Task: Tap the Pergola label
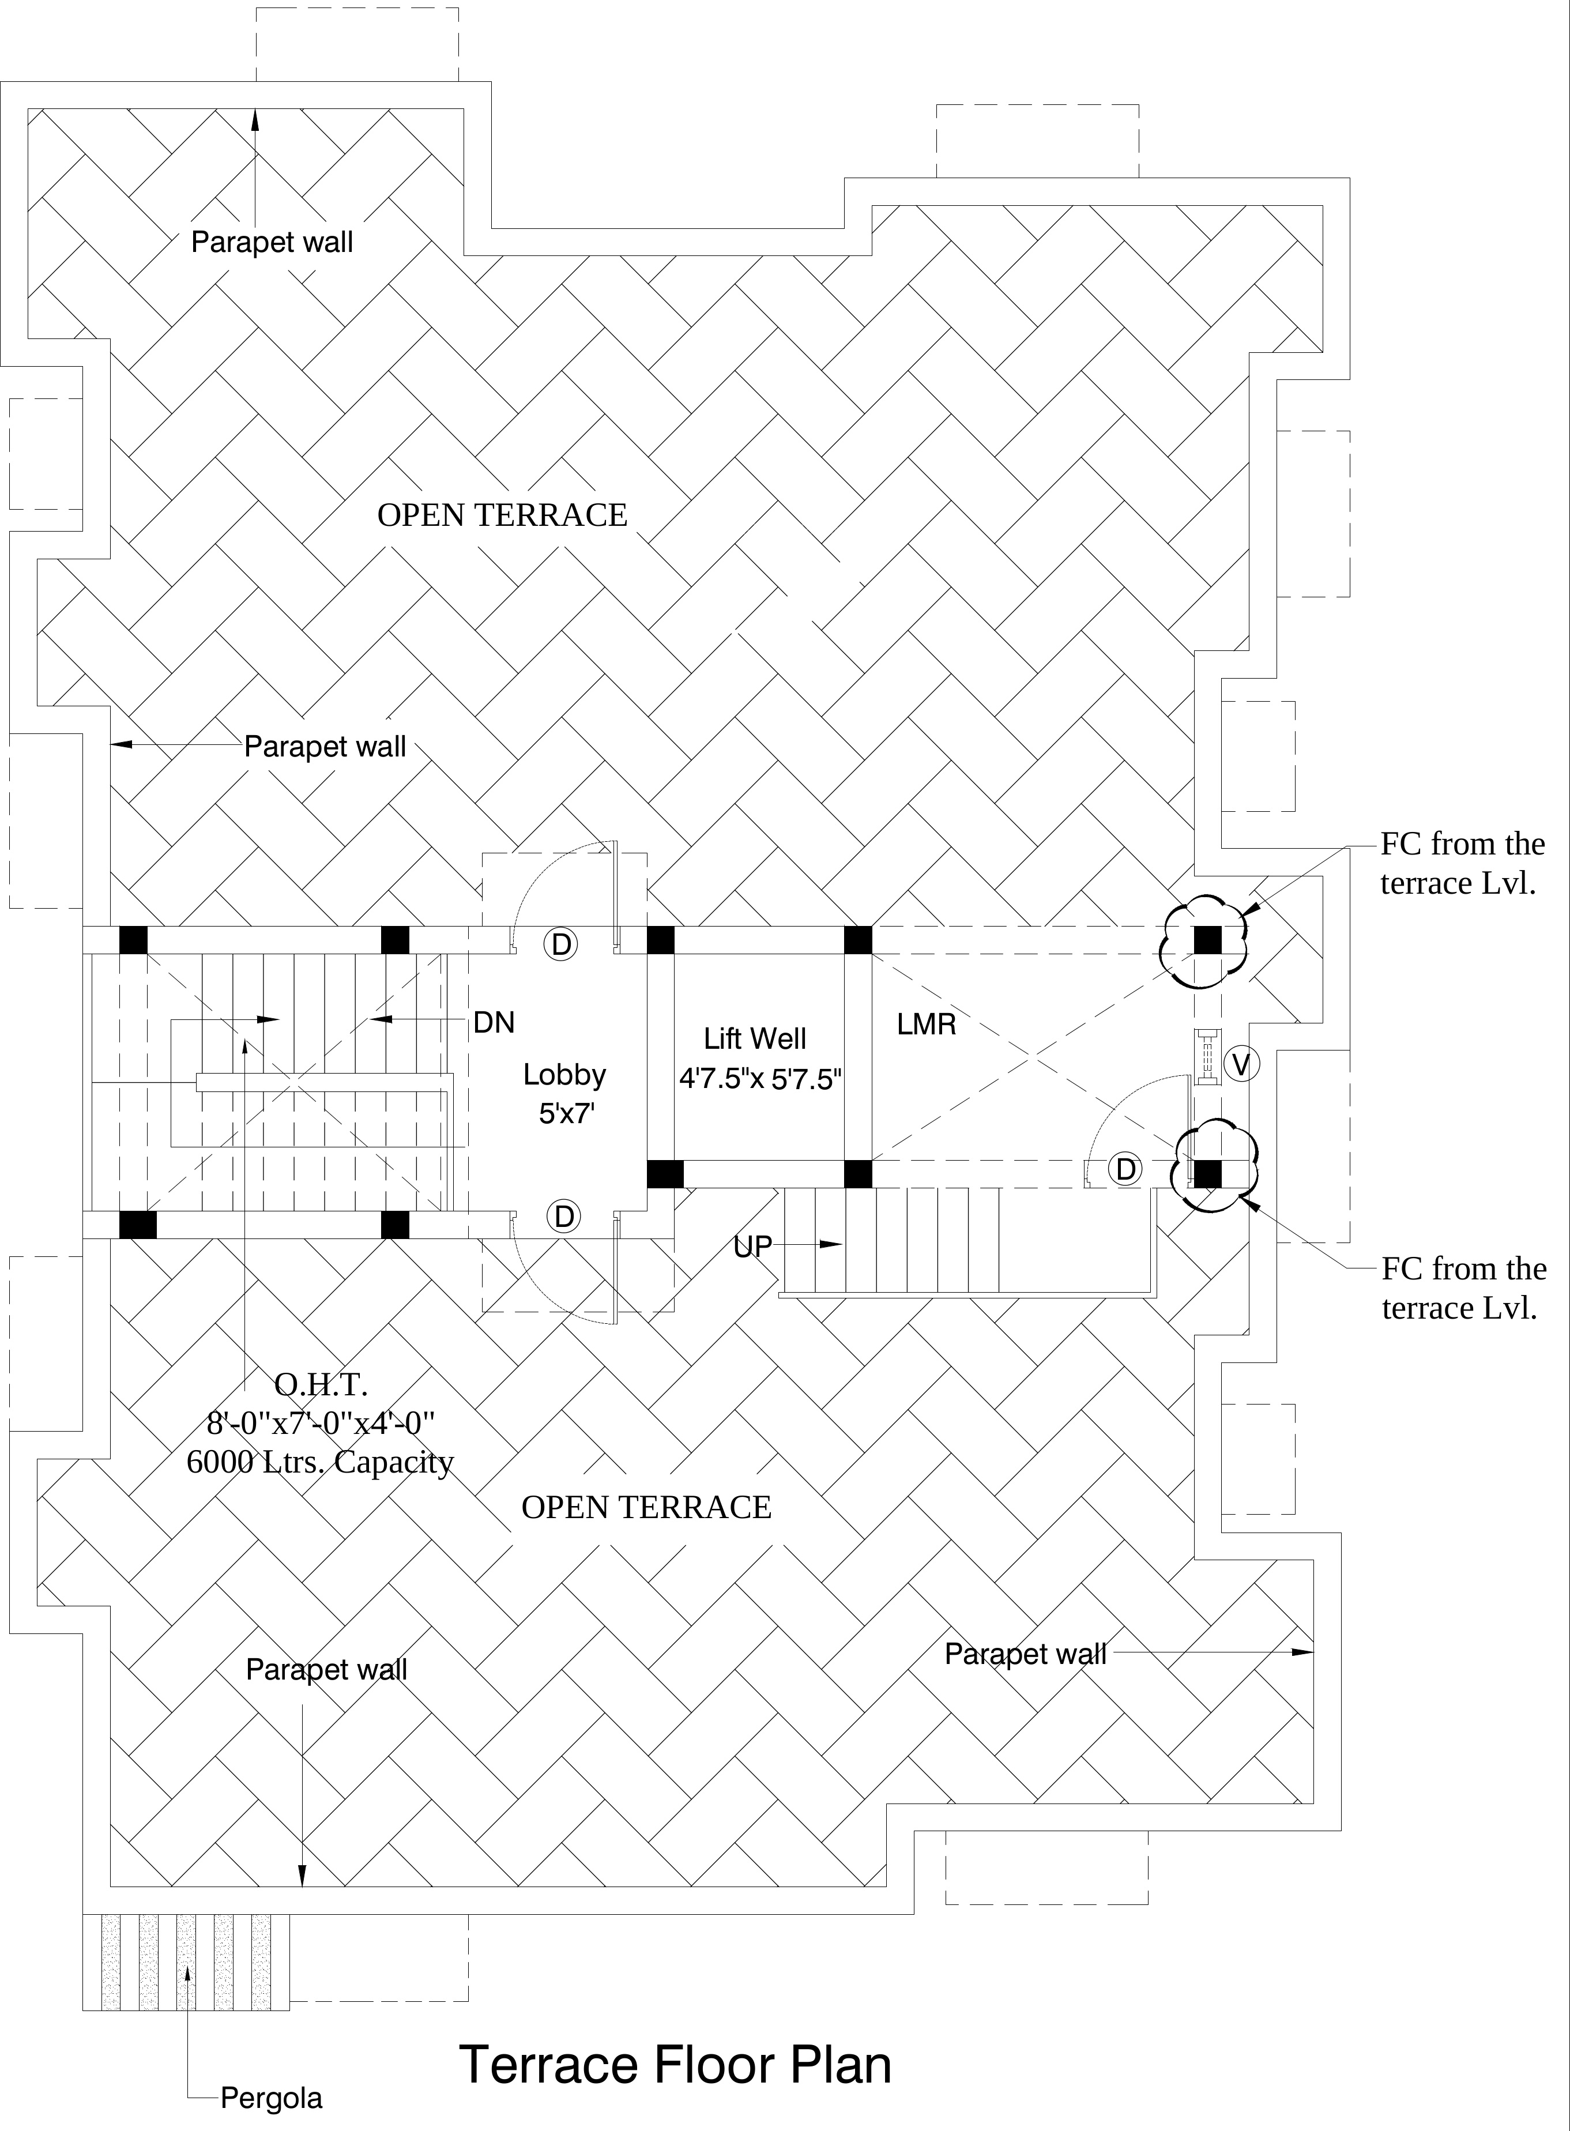point(271,2097)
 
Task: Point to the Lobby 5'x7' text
point(564,1093)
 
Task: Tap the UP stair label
point(752,1246)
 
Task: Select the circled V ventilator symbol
point(1241,1064)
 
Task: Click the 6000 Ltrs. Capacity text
point(320,1462)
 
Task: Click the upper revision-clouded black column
point(1207,940)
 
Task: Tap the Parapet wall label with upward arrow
point(272,242)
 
